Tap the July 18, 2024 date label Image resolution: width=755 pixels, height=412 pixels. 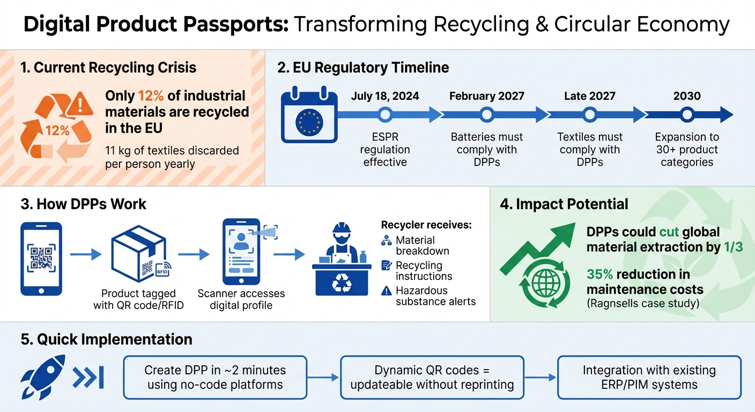coord(384,96)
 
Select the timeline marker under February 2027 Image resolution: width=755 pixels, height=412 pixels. coord(487,114)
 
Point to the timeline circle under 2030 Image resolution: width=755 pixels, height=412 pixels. coord(687,114)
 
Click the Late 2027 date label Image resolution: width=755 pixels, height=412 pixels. coord(589,96)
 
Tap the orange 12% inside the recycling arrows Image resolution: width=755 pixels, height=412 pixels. coord(57,130)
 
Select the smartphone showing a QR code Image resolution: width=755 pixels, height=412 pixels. coord(41,259)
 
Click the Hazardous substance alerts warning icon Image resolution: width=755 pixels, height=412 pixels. coord(386,291)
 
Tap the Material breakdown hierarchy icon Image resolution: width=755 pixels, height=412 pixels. coord(386,241)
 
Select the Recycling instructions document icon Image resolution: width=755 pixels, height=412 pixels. coord(386,266)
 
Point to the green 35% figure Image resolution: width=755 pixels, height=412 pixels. coord(599,274)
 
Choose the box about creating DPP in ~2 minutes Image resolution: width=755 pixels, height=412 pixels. coord(215,377)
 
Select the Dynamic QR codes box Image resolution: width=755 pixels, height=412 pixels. coord(432,377)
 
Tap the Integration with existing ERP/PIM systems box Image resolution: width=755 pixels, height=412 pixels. coord(649,377)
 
